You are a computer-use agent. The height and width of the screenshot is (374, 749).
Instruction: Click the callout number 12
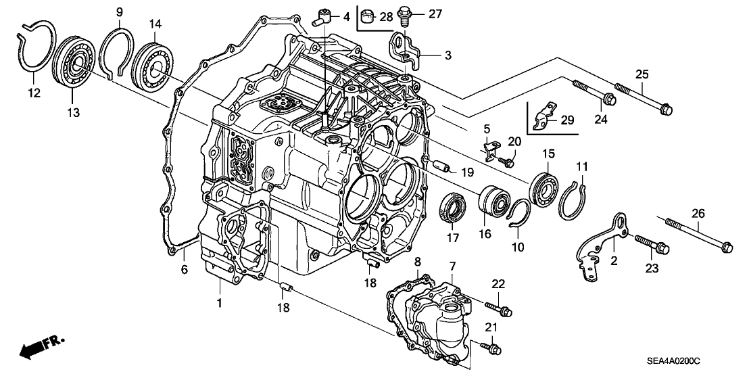tap(33, 93)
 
